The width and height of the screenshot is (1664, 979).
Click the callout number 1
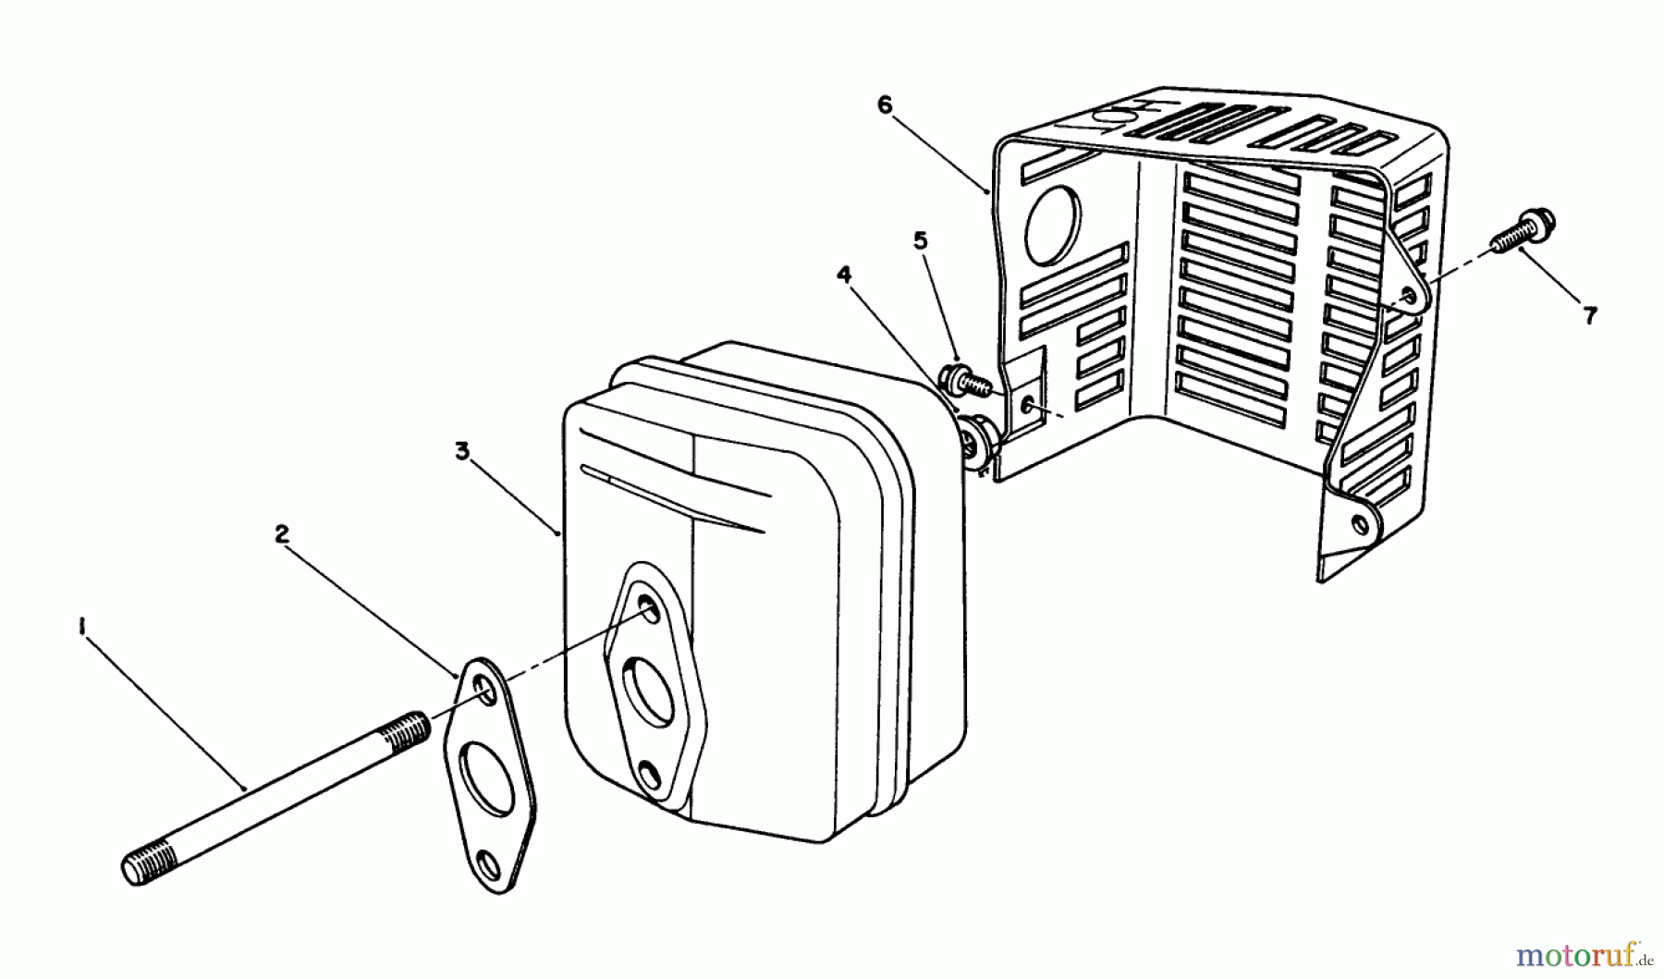[x=83, y=628]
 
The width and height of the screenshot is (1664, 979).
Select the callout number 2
[x=282, y=533]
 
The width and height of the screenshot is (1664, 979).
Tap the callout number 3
[x=462, y=451]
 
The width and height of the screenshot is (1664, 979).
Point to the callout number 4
[x=843, y=275]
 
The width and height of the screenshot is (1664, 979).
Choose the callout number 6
[x=885, y=105]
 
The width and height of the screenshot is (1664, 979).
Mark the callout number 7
[x=1589, y=316]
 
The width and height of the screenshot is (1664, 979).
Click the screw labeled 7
[x=1525, y=231]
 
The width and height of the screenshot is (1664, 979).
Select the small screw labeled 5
[x=958, y=380]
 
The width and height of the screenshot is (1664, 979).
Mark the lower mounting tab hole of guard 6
[x=1357, y=525]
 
